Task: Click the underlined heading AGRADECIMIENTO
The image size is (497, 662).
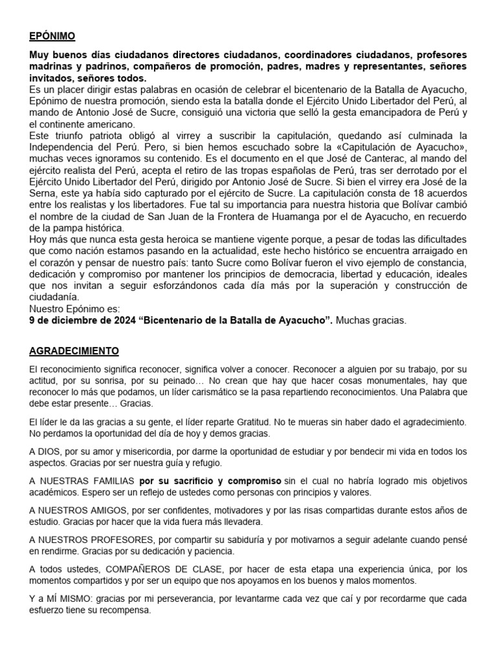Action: (x=74, y=351)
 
